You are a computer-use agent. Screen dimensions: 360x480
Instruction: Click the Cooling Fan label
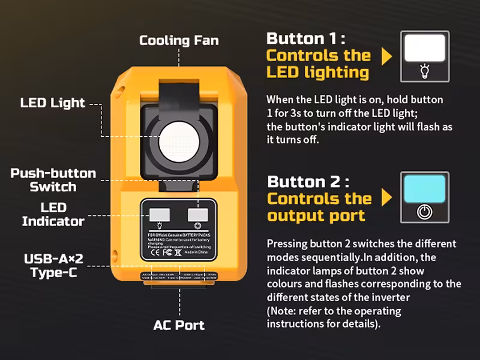[x=179, y=41]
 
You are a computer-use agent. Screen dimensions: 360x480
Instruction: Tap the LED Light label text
[x=53, y=103]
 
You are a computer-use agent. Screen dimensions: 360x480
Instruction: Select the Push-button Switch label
[x=53, y=180]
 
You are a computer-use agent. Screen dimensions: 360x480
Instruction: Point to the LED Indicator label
[x=53, y=214]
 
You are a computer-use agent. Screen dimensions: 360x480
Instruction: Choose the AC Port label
[x=179, y=326]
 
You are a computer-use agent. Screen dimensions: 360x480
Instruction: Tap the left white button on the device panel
[x=158, y=215]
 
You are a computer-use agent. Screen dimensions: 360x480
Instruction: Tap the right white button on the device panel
[x=197, y=215]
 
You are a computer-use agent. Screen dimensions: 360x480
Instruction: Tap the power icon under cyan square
[x=424, y=212]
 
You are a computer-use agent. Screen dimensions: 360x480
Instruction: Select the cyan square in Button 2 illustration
[x=424, y=188]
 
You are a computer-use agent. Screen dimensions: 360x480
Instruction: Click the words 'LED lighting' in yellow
[x=317, y=73]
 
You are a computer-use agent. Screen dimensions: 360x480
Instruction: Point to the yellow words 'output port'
[x=316, y=215]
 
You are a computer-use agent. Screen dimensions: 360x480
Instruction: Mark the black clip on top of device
[x=178, y=90]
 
